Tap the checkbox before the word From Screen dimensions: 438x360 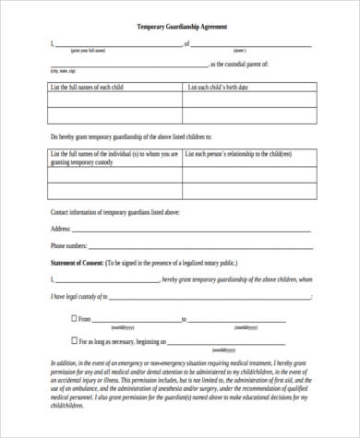[73, 319]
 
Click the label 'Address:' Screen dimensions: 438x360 [60, 228]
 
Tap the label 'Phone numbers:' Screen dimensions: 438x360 [69, 246]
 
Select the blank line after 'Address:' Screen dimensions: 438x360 [194, 230]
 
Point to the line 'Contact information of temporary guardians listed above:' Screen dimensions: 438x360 [114, 212]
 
